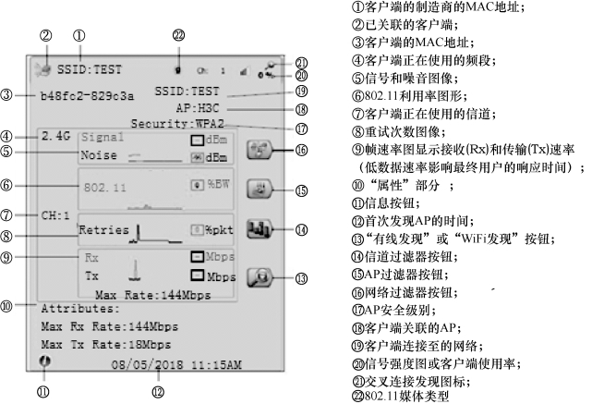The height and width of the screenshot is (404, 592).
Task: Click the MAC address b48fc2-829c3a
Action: click(x=87, y=94)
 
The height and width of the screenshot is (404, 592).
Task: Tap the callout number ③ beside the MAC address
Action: click(x=7, y=94)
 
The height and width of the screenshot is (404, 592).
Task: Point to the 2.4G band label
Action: click(x=57, y=136)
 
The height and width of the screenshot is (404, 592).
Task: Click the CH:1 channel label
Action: click(x=56, y=214)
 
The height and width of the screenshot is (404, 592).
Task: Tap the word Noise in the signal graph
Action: click(x=99, y=155)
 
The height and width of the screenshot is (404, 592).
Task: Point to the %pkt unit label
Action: click(x=220, y=228)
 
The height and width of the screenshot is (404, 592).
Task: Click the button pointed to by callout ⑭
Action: click(x=260, y=227)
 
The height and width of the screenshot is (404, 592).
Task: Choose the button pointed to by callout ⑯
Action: click(x=260, y=147)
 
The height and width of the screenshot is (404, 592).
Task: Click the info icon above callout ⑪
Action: click(x=43, y=361)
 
